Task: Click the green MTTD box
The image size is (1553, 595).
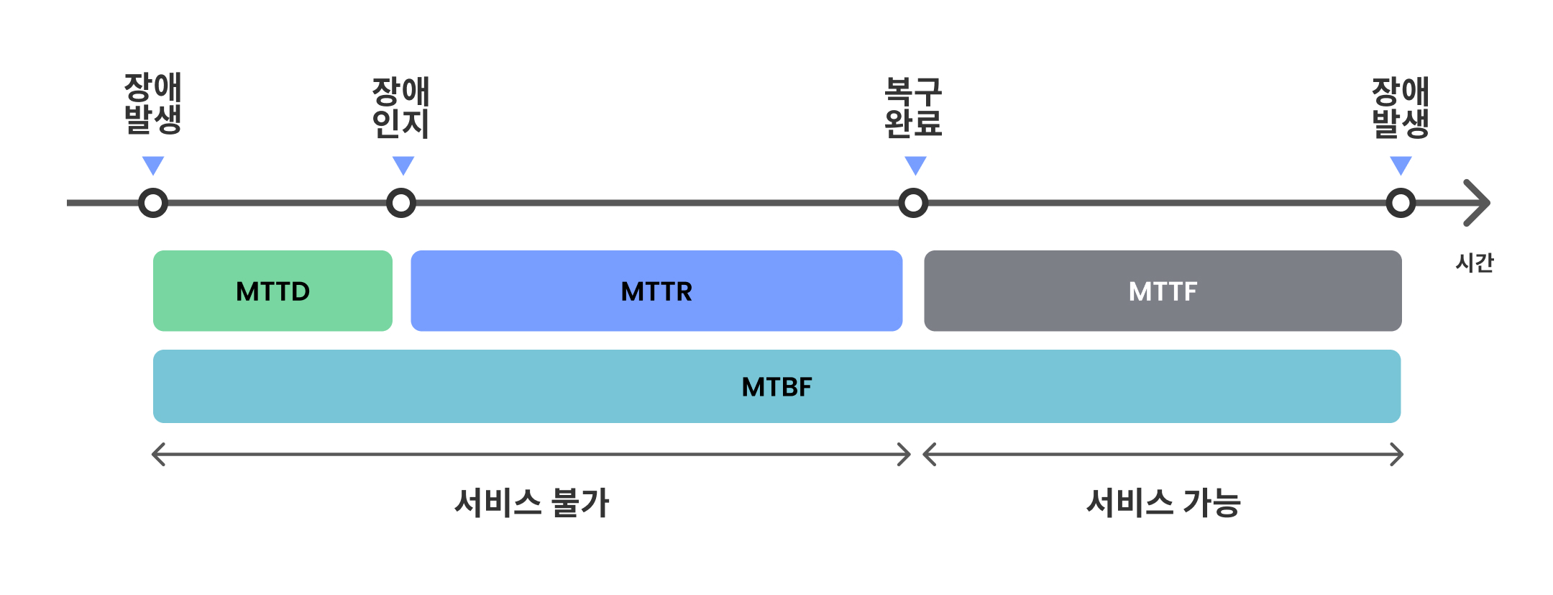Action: [x=272, y=291]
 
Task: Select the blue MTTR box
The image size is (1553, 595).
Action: [x=656, y=291]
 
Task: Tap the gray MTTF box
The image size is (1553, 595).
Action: [x=1162, y=291]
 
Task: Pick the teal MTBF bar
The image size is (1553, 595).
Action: [x=776, y=386]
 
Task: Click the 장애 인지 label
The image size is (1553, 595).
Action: [x=400, y=107]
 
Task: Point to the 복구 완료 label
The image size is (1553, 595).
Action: [x=913, y=107]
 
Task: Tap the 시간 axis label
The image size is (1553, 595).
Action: [x=1474, y=263]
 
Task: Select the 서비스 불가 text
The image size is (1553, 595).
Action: [x=532, y=502]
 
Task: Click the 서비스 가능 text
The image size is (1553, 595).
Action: [x=1163, y=502]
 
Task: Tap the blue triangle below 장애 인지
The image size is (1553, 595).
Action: [x=403, y=165]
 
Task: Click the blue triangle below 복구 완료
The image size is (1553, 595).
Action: [x=915, y=165]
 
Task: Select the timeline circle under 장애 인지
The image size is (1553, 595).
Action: [x=401, y=203]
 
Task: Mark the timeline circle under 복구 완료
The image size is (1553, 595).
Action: [x=913, y=203]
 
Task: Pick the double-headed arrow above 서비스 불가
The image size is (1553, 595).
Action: [x=531, y=454]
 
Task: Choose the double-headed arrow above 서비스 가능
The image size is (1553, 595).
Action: [x=1163, y=454]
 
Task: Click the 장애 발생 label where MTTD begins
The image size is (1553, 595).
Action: [x=152, y=103]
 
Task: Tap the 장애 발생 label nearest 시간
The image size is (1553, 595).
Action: [x=1400, y=107]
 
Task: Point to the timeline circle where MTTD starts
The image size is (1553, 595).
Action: [x=153, y=203]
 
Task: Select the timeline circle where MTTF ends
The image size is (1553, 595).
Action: [x=1401, y=203]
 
